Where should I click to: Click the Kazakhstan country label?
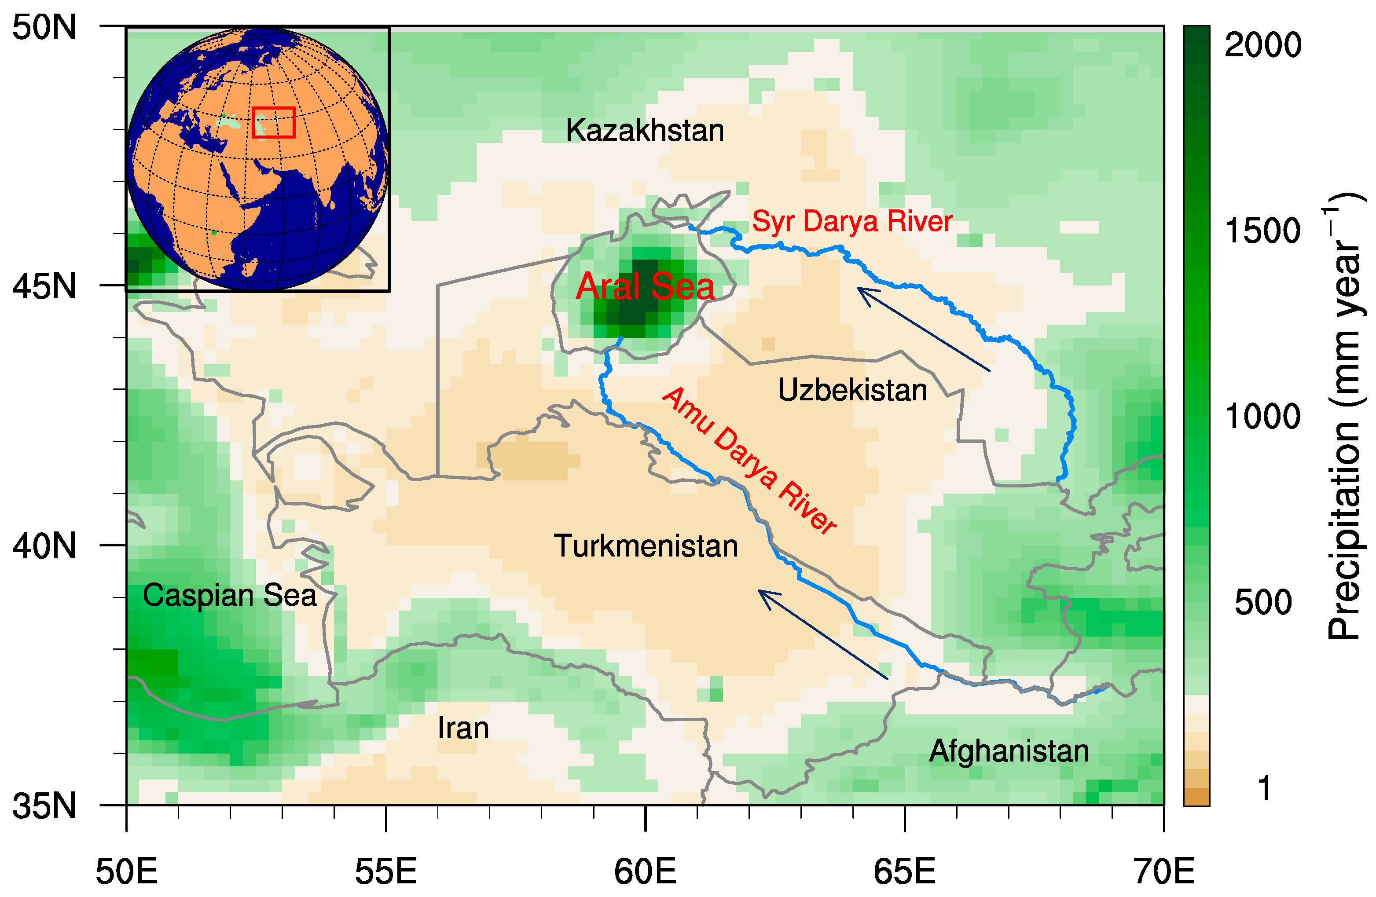(x=645, y=131)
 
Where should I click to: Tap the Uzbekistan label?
(x=852, y=390)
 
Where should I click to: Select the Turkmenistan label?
(x=646, y=546)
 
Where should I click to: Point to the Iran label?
(x=463, y=728)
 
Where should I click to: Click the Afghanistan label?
(x=1009, y=751)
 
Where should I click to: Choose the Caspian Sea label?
(x=230, y=595)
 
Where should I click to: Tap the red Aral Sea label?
(x=645, y=286)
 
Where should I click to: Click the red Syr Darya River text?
(x=851, y=221)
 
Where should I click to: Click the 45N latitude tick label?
(x=44, y=286)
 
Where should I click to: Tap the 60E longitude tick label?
(x=645, y=871)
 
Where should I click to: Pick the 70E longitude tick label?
(x=1164, y=871)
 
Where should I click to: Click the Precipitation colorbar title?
(x=1344, y=416)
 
